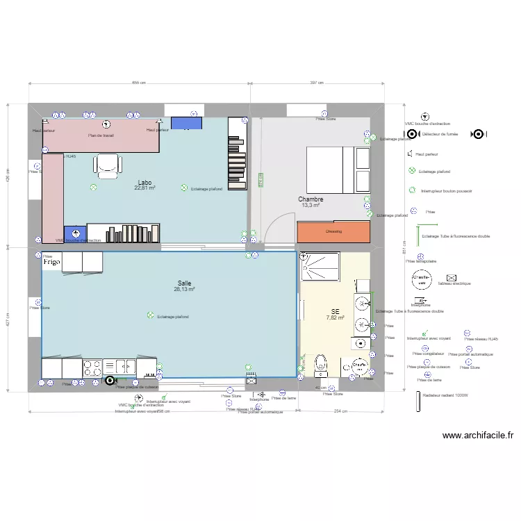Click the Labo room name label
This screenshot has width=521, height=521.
click(145, 182)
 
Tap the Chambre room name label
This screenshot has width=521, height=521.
click(311, 199)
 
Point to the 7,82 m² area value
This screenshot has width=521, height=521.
click(336, 317)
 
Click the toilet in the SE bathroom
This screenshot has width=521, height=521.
click(320, 364)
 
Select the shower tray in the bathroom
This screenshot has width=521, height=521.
click(320, 265)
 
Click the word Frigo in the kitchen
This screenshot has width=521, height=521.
click(53, 263)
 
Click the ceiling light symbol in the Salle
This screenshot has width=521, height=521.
click(150, 316)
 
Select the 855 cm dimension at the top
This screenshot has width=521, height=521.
click(138, 83)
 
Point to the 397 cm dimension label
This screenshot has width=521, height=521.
click(316, 83)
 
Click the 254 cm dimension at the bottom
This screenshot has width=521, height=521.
click(340, 411)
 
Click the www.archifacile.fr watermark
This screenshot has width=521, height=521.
click(477, 436)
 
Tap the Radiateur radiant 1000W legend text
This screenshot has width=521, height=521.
click(446, 396)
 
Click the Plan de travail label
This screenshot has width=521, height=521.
click(101, 136)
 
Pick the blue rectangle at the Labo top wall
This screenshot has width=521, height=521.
click(185, 123)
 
